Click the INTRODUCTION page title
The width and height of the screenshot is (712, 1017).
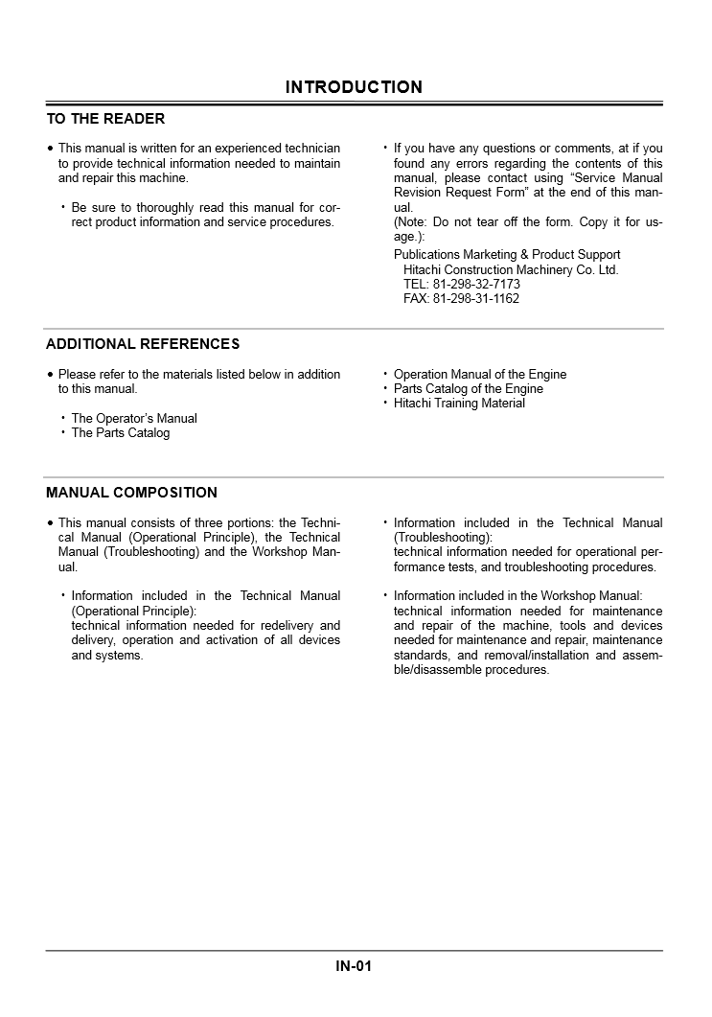(x=354, y=87)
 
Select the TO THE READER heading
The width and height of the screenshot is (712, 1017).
(x=105, y=119)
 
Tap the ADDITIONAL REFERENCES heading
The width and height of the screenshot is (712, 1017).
(x=143, y=344)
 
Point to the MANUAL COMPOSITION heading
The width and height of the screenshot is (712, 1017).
(x=131, y=493)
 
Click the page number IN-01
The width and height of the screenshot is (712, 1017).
(x=354, y=966)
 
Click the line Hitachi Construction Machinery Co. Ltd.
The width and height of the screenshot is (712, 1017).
(x=511, y=270)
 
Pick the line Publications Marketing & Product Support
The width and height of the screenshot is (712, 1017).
(x=507, y=255)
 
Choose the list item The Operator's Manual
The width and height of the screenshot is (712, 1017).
(x=134, y=419)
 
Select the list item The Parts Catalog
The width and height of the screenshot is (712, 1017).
(x=121, y=433)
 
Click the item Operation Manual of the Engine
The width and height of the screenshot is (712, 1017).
(x=480, y=375)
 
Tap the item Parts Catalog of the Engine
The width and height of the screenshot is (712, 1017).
(x=469, y=389)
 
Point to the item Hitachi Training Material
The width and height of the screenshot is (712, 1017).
(x=459, y=404)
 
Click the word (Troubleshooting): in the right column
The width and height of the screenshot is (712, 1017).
(x=443, y=538)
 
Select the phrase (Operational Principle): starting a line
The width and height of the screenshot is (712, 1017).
(x=133, y=611)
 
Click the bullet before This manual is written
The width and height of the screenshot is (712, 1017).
(x=51, y=150)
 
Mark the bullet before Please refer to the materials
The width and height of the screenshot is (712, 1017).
(x=51, y=375)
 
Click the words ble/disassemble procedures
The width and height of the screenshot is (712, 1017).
(x=471, y=670)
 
